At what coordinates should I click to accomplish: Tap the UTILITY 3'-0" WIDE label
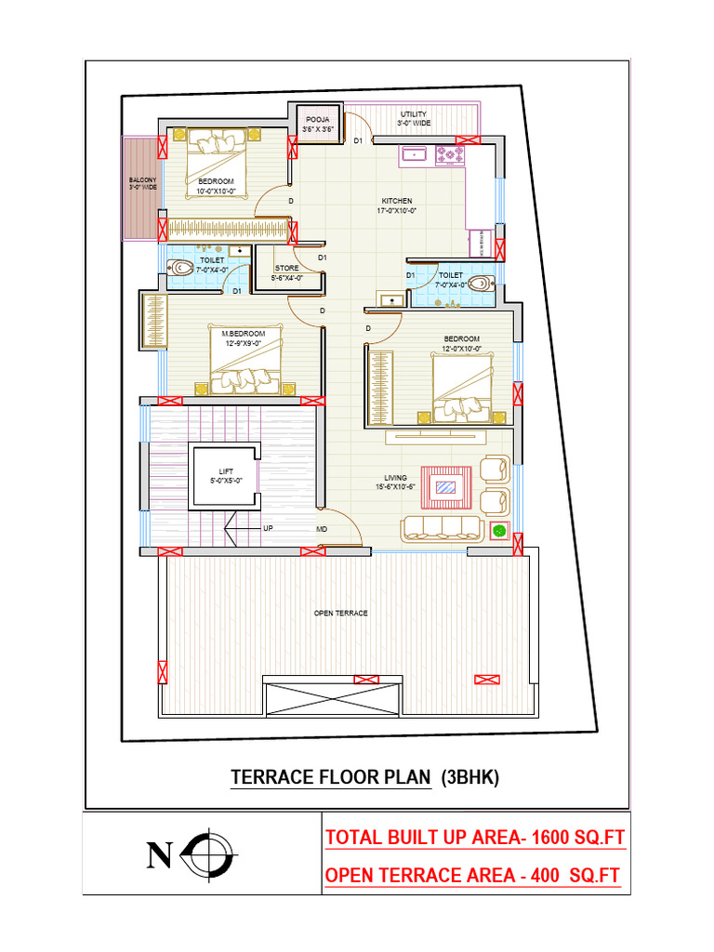tap(414, 118)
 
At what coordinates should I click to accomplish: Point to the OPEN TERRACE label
tap(340, 614)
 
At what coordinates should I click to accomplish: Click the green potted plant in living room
tap(499, 531)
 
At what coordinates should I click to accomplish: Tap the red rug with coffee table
tap(448, 486)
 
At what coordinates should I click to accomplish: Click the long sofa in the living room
tap(441, 529)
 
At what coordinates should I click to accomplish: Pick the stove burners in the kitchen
tap(451, 155)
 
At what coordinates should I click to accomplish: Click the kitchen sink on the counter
tap(414, 155)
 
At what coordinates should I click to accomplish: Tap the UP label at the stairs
tap(268, 528)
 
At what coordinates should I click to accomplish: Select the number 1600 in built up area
tap(547, 838)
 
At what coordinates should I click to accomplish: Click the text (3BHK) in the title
tap(469, 777)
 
